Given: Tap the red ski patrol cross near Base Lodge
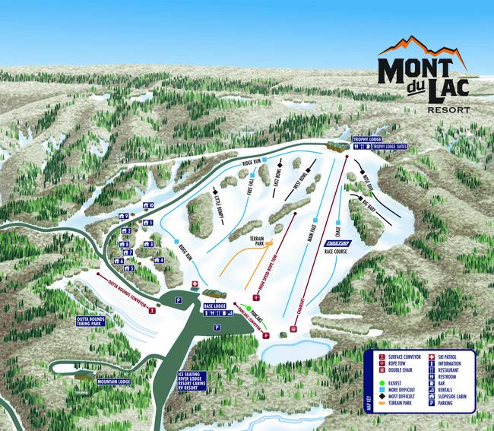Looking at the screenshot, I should [195, 285].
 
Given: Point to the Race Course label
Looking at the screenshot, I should [335, 249].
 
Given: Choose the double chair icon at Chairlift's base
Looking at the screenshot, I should [293, 329].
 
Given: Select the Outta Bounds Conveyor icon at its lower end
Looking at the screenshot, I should [153, 310].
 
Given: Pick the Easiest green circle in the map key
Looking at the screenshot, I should [382, 382].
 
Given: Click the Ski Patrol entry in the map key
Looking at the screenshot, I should [452, 355].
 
